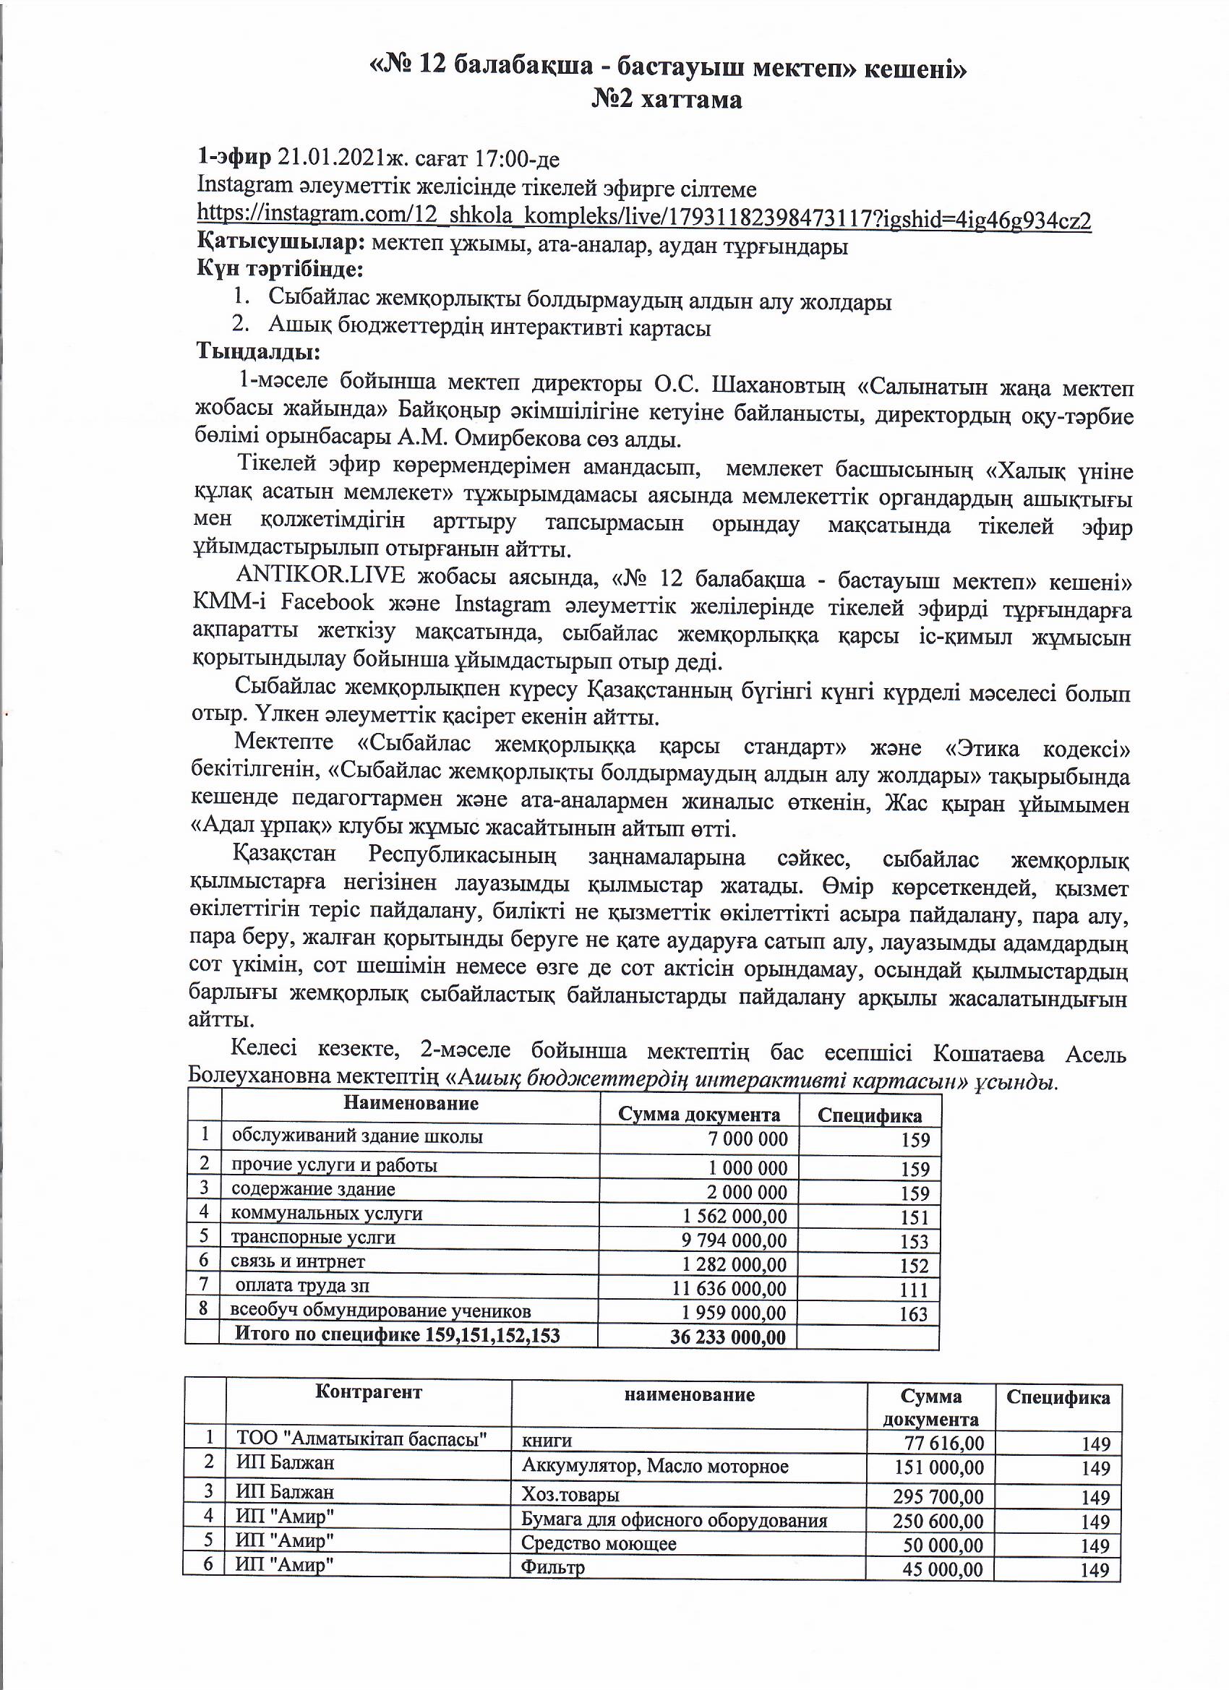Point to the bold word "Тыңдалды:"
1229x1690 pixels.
(258, 349)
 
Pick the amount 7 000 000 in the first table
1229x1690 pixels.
(748, 1138)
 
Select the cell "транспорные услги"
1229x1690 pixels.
(313, 1238)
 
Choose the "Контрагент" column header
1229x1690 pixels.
(368, 1392)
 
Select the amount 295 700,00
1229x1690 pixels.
(938, 1496)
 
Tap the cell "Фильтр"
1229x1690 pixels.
(552, 1568)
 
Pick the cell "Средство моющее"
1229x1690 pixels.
(599, 1543)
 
